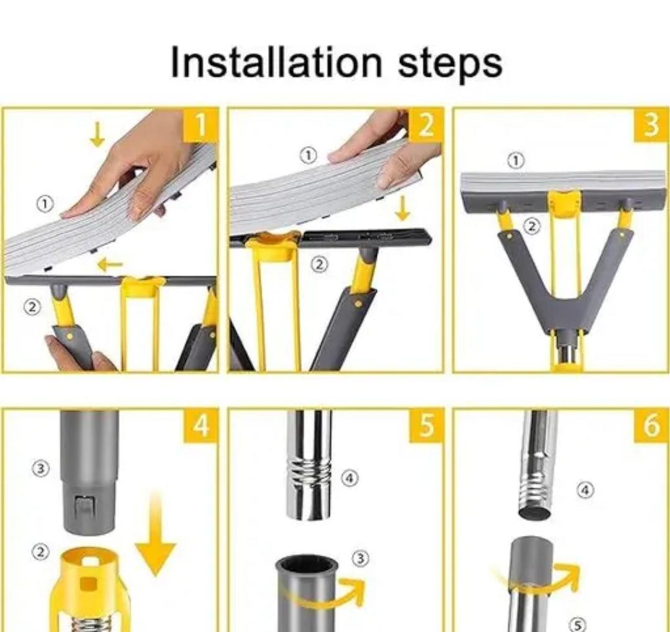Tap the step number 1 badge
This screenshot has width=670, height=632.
point(201,125)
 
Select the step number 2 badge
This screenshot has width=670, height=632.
point(425,125)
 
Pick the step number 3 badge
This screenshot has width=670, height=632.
point(651,125)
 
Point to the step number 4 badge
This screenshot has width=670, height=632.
point(201,425)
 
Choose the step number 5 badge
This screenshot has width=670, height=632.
point(425,425)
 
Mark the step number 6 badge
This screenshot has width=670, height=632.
point(651,425)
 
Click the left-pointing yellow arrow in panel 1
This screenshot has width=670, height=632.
point(110,265)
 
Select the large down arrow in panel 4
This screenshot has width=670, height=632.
point(155,534)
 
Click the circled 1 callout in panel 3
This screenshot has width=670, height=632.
point(516,161)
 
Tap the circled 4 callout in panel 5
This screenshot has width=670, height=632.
point(350,478)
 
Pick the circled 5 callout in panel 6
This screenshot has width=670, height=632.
point(577,625)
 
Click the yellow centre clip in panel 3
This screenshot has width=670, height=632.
point(564,202)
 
